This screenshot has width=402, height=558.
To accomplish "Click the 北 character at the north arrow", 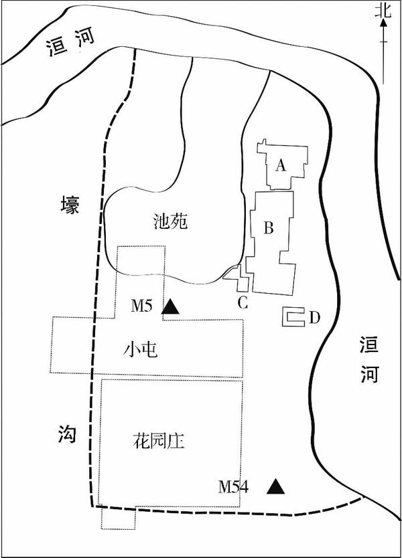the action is click(x=382, y=9).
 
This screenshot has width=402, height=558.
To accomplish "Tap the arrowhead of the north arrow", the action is click(x=382, y=22).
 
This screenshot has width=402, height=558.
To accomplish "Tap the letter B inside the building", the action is click(x=267, y=228).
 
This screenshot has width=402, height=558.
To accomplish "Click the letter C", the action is click(x=243, y=302).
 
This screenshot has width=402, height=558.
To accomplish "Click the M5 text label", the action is click(x=142, y=306).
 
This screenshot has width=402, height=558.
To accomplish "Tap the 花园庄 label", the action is click(x=158, y=441).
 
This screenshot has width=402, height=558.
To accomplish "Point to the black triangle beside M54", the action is click(x=274, y=486).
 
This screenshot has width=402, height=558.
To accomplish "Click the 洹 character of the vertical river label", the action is click(x=368, y=346).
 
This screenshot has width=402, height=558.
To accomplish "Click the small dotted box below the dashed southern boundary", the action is click(x=118, y=518).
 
